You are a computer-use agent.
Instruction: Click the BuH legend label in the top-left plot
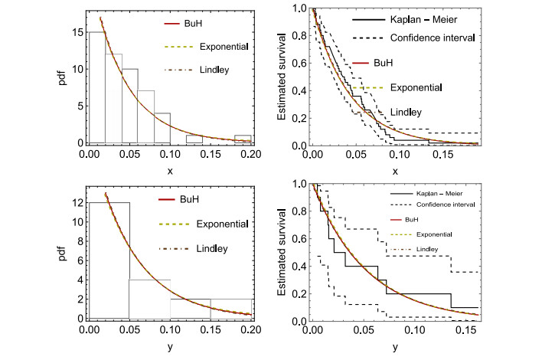(x=201, y=25)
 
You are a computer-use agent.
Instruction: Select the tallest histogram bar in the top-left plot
(x=97, y=88)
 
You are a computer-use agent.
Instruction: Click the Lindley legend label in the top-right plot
(x=406, y=112)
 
